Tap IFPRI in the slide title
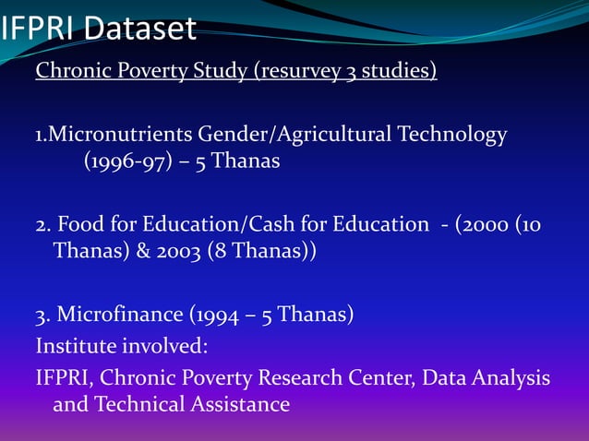tap(38, 30)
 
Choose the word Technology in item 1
tap(452, 136)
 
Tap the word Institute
tap(74, 346)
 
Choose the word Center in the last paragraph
tap(382, 378)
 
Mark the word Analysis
tap(512, 378)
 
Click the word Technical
tap(141, 404)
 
